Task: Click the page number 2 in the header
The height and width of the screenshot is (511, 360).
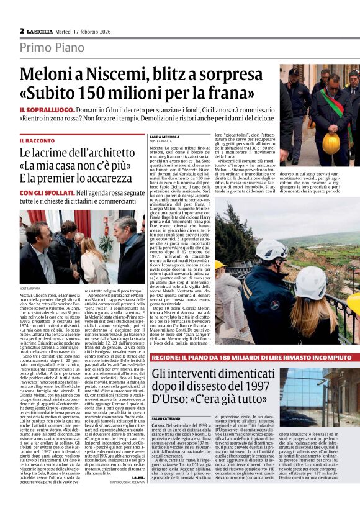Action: tap(22, 30)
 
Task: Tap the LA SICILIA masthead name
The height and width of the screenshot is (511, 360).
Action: tap(42, 30)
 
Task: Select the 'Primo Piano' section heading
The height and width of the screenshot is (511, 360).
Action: tap(52, 47)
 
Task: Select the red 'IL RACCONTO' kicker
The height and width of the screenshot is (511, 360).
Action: tap(40, 141)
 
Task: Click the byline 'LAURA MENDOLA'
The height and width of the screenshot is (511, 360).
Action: tap(164, 136)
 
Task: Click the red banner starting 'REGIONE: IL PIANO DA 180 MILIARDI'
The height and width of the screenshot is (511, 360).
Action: tap(255, 358)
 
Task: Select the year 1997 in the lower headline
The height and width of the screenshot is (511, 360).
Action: tap(244, 386)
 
